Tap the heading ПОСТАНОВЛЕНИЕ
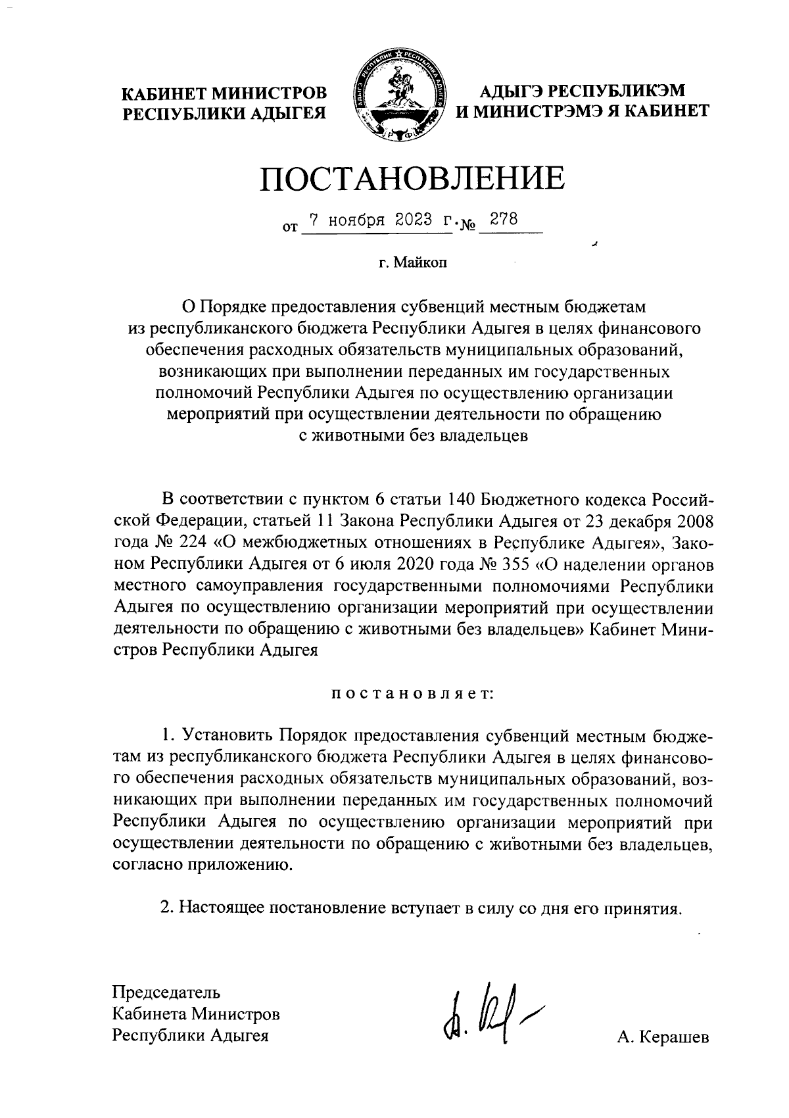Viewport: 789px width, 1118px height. pyautogui.click(x=412, y=178)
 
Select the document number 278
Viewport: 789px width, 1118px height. pyautogui.click(x=505, y=219)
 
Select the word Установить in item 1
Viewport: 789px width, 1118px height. pyautogui.click(x=227, y=736)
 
